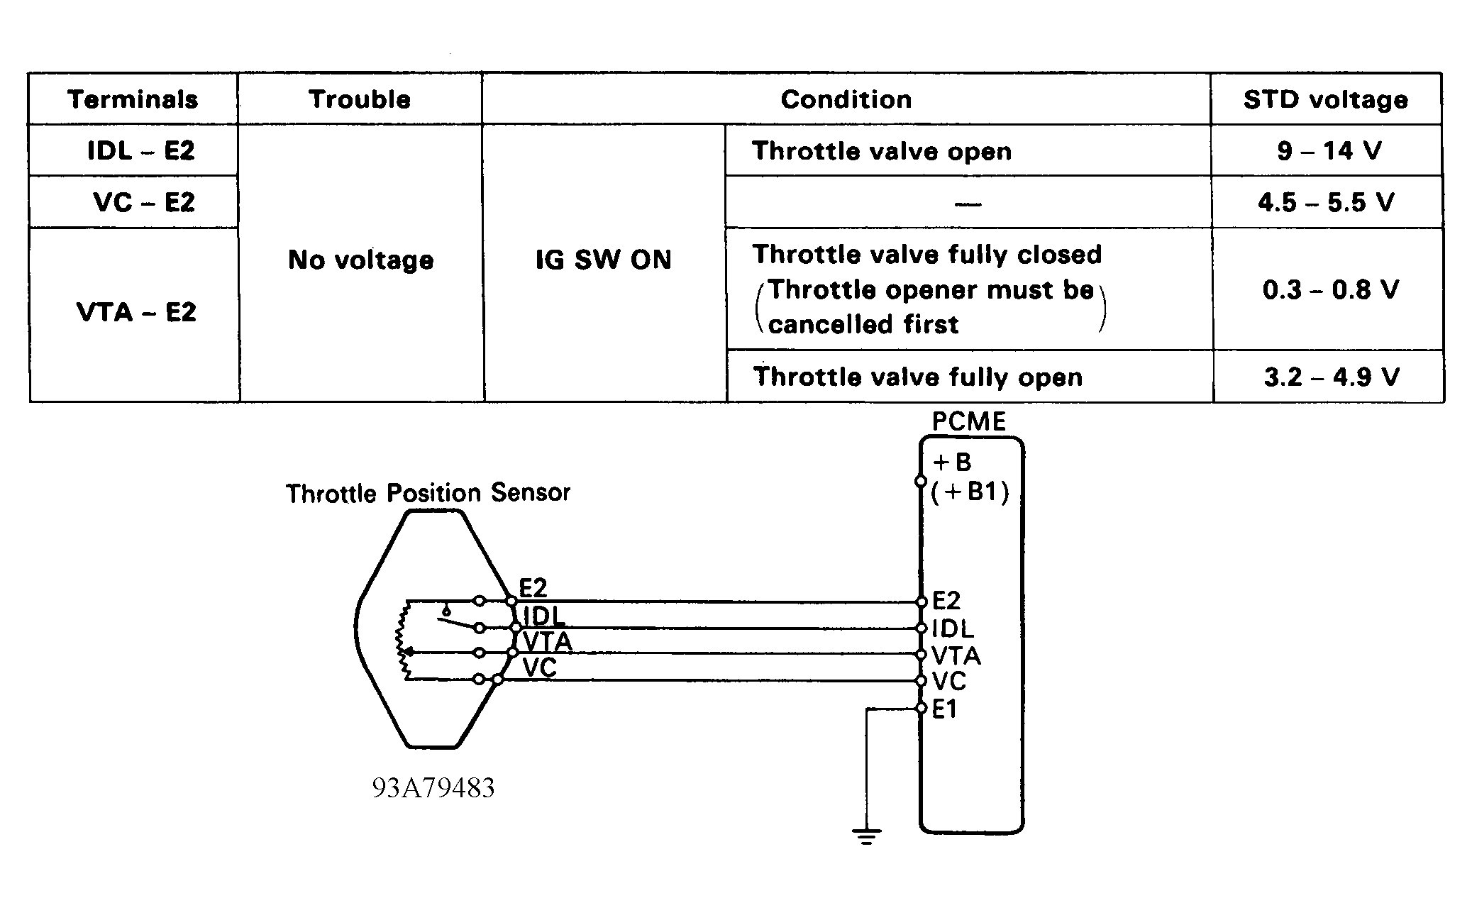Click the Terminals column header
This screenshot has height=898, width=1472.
tap(133, 99)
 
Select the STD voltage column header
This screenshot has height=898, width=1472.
tap(1325, 99)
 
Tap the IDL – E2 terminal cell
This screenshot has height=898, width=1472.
tap(140, 150)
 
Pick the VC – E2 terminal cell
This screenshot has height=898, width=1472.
tap(143, 203)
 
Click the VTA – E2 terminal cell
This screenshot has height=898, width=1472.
tap(136, 312)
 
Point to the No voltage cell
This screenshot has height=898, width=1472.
tap(360, 260)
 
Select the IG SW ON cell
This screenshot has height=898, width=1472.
tap(603, 260)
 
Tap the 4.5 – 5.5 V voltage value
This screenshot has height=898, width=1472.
tap(1326, 203)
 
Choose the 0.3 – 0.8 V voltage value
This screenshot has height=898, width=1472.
tap(1330, 289)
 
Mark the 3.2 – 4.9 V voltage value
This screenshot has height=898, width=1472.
tap(1331, 377)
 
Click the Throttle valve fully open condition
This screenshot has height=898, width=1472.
tap(917, 377)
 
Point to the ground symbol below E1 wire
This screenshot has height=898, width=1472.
tap(866, 836)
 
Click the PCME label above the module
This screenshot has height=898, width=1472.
tap(968, 422)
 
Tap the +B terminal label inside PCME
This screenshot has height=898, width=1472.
tap(952, 462)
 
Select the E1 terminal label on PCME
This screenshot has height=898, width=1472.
tap(945, 709)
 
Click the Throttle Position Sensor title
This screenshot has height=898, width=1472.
tap(428, 493)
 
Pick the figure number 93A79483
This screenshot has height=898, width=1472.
tap(433, 788)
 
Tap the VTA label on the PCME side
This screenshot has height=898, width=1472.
tap(956, 655)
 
